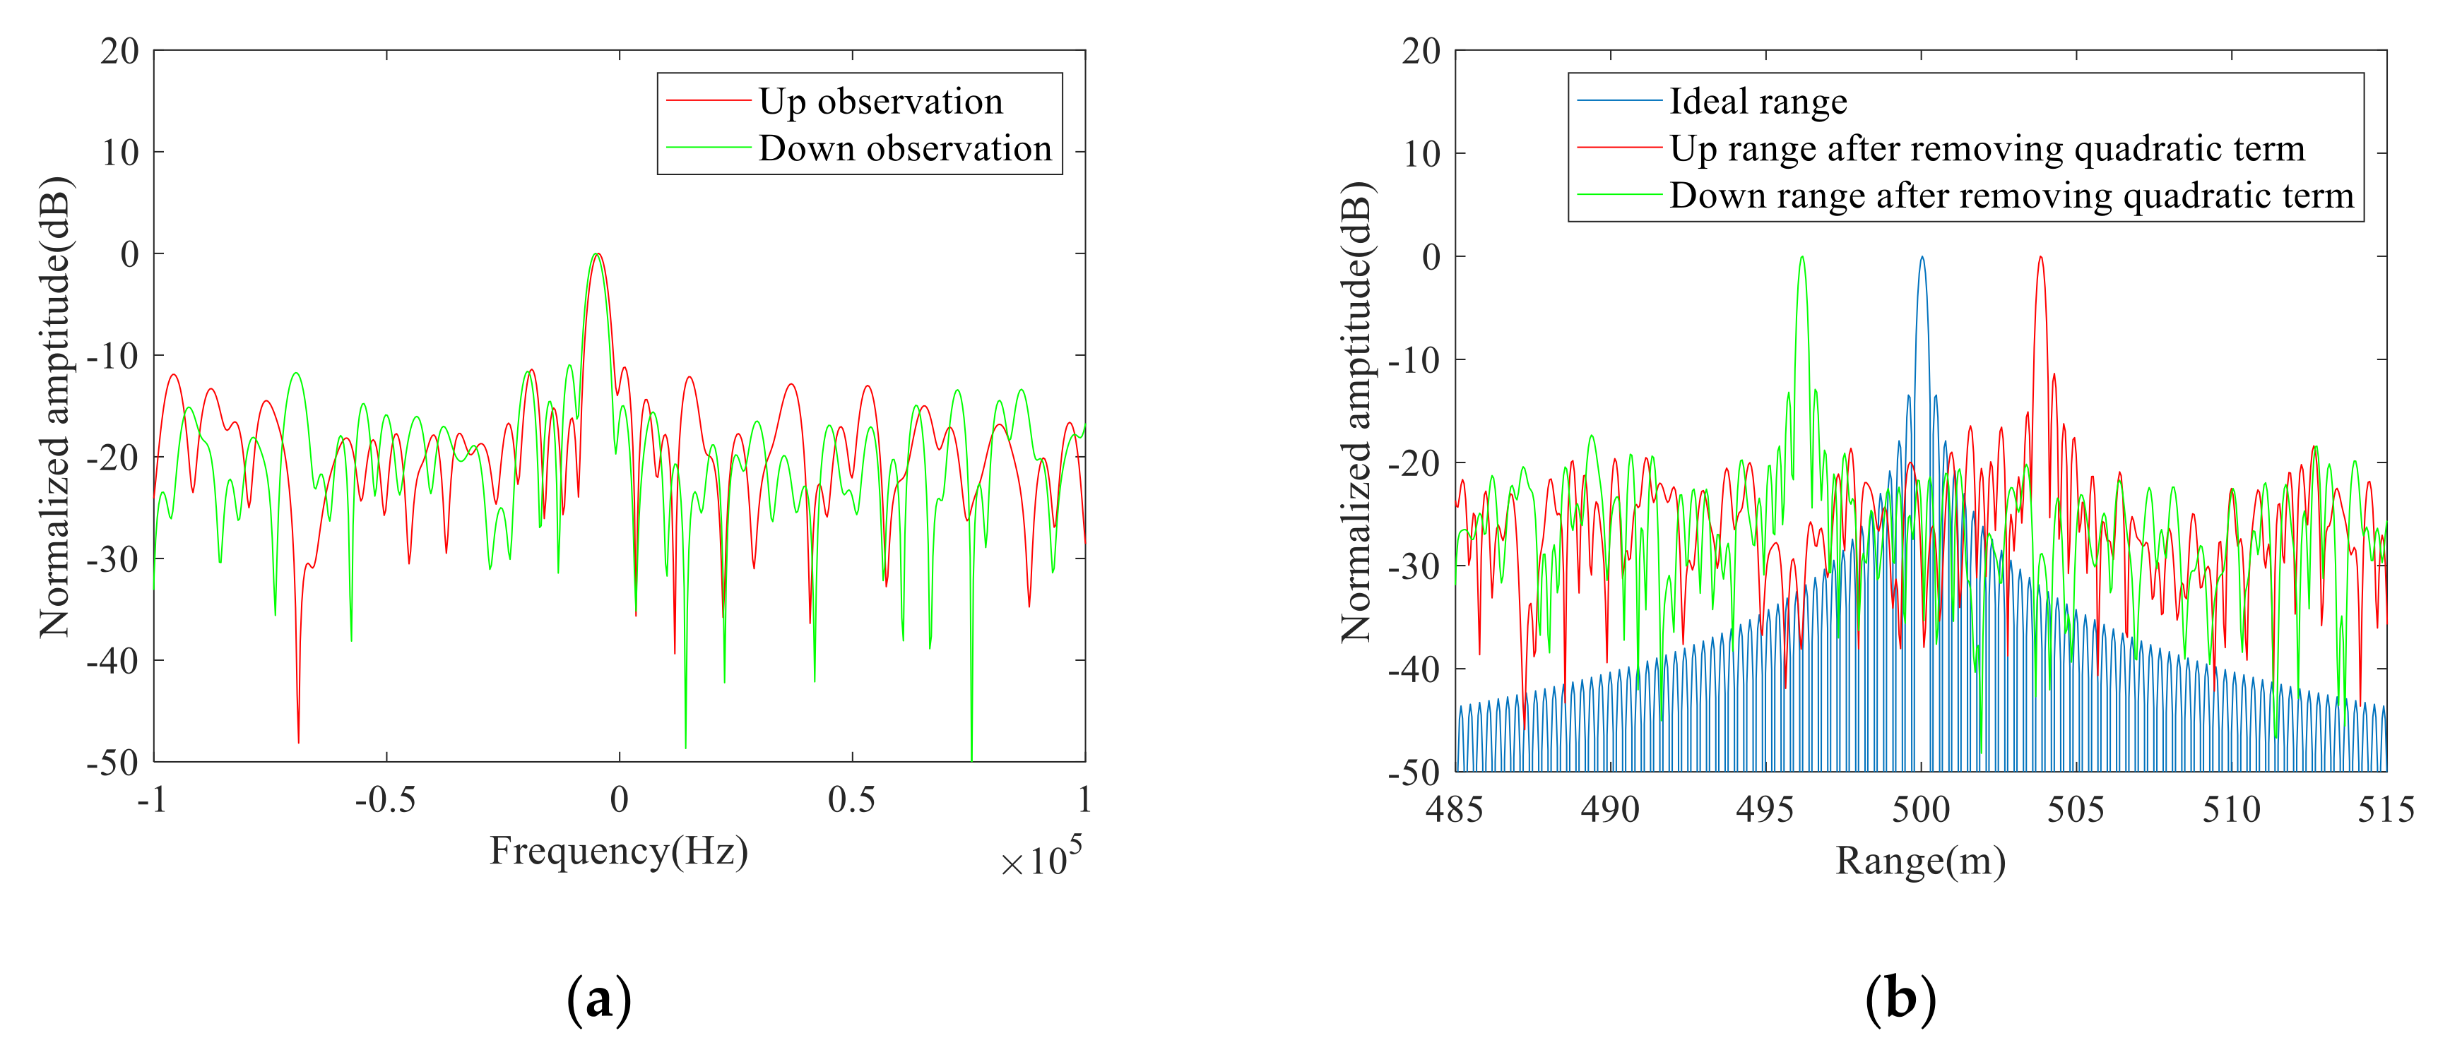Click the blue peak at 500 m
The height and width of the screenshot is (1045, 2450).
click(x=1921, y=258)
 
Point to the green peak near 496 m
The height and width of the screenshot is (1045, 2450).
click(x=1801, y=258)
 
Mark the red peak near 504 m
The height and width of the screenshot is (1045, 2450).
click(x=2040, y=258)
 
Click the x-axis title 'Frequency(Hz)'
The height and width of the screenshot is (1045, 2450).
click(x=618, y=850)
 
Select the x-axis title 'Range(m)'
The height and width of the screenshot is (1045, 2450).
click(x=1920, y=861)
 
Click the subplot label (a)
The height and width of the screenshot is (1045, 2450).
click(x=598, y=999)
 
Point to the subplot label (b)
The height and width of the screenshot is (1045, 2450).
click(x=1900, y=999)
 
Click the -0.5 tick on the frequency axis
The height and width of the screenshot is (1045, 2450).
click(x=385, y=801)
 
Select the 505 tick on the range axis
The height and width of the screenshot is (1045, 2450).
click(x=2076, y=810)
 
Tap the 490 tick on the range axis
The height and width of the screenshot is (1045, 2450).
click(x=1609, y=810)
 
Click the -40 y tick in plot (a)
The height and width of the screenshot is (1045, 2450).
click(x=112, y=660)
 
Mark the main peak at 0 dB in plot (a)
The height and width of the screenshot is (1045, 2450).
click(x=596, y=255)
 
